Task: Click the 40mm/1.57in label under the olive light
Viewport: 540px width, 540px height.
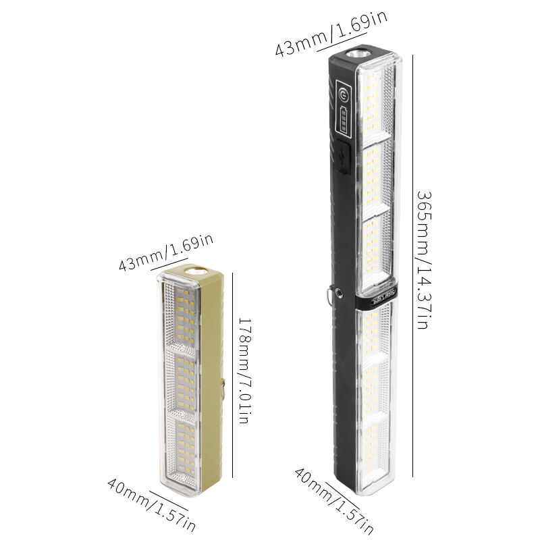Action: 151,504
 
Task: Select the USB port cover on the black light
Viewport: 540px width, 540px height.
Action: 344,157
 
